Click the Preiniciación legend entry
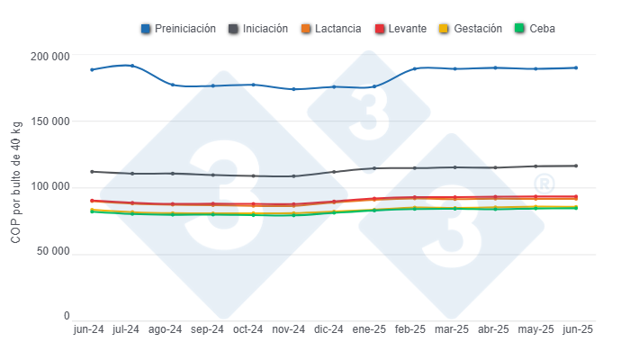click(x=178, y=29)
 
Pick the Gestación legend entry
click(x=472, y=29)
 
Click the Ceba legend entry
click(x=536, y=29)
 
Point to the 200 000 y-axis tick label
click(x=49, y=57)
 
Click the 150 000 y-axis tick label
click(x=49, y=121)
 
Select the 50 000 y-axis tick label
click(x=51, y=252)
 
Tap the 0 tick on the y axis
click(x=67, y=317)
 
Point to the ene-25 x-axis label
click(x=373, y=330)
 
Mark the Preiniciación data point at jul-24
click(x=132, y=66)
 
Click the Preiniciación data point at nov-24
click(x=292, y=89)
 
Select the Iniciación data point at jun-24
click(x=92, y=171)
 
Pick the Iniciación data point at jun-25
click(x=575, y=166)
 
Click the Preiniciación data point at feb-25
click(x=414, y=68)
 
